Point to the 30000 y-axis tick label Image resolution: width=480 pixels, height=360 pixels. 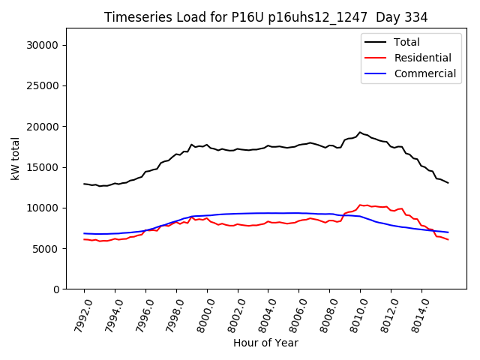tap(44, 45)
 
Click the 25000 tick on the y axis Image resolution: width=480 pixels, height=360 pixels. tap(44, 85)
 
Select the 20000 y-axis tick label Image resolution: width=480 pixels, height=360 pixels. tap(44, 126)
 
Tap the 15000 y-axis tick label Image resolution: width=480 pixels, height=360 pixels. tap(44, 167)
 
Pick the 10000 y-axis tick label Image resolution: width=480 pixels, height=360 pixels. tap(44, 208)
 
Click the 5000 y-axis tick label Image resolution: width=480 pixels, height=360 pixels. tap(47, 248)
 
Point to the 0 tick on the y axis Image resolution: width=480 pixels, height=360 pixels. tap(57, 289)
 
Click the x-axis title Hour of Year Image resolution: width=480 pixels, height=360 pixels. tap(265, 343)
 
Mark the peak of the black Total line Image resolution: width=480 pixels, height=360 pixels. tap(360, 133)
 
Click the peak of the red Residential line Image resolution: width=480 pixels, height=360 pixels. tap(360, 205)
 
